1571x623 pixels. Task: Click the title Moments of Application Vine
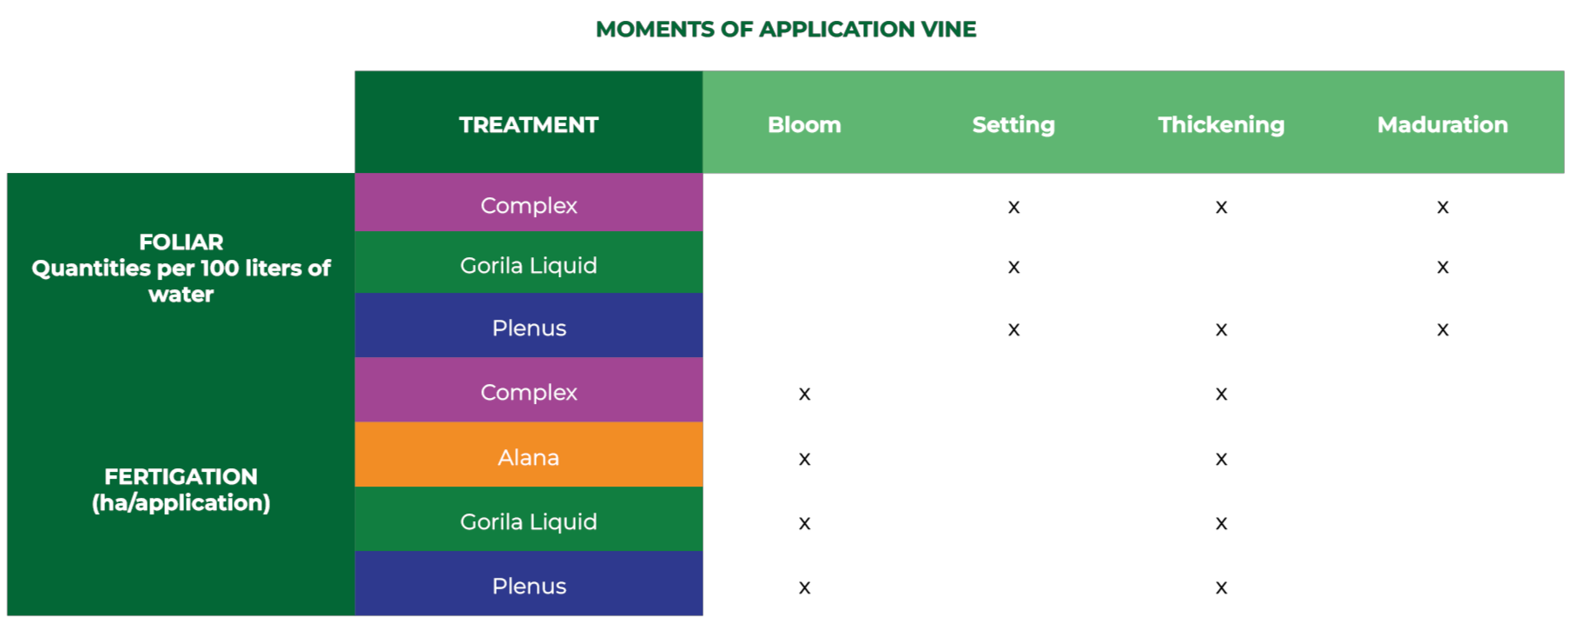pyautogui.click(x=786, y=30)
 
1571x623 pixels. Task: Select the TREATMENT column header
pyautogui.click(x=529, y=125)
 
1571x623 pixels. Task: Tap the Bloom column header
pyautogui.click(x=804, y=125)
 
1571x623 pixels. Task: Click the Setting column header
pyautogui.click(x=1013, y=125)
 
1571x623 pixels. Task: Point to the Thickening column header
pyautogui.click(x=1221, y=125)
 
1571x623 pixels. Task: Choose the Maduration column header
pyautogui.click(x=1442, y=125)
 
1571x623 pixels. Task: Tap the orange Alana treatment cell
pyautogui.click(x=529, y=454)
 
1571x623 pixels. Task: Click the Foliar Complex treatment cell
pyautogui.click(x=529, y=202)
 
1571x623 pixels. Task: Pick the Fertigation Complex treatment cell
pyautogui.click(x=529, y=390)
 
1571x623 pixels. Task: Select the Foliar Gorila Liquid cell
pyautogui.click(x=529, y=262)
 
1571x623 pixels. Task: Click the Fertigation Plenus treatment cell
pyautogui.click(x=529, y=583)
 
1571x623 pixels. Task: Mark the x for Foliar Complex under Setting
pyautogui.click(x=1013, y=208)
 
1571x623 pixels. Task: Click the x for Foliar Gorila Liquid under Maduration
pyautogui.click(x=1442, y=268)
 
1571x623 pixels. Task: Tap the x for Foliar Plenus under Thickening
pyautogui.click(x=1221, y=330)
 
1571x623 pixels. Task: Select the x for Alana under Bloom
pyautogui.click(x=804, y=460)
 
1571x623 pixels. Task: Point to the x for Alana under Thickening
pyautogui.click(x=1221, y=460)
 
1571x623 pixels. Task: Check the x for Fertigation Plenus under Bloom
pyautogui.click(x=804, y=588)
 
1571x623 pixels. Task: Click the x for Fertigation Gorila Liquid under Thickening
pyautogui.click(x=1221, y=524)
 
